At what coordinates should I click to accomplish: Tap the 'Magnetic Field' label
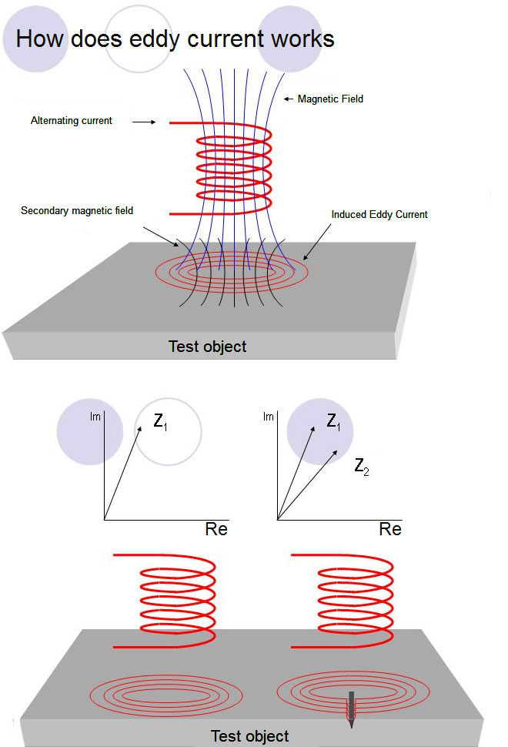click(330, 99)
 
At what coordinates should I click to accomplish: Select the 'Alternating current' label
click(72, 121)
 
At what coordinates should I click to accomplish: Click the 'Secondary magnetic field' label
click(77, 210)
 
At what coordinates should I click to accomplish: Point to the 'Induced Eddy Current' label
click(379, 215)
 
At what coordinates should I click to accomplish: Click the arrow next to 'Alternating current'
click(144, 122)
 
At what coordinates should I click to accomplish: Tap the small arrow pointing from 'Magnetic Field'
click(289, 99)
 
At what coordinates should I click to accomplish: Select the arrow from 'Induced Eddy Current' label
click(317, 242)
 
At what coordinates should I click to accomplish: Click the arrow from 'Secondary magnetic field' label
click(161, 236)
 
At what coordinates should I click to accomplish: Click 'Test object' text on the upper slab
click(208, 347)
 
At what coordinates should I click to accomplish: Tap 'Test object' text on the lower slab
click(250, 736)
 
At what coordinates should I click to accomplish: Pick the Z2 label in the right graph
click(362, 467)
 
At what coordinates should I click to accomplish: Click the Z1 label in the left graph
click(160, 422)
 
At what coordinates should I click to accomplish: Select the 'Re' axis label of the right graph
click(390, 529)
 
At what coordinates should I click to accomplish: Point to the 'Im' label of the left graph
click(95, 417)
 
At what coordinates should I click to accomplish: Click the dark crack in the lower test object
click(351, 709)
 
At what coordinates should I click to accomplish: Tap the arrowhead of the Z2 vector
click(335, 453)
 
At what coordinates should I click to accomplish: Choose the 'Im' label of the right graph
click(269, 417)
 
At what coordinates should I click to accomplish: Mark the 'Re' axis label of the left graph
click(216, 529)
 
